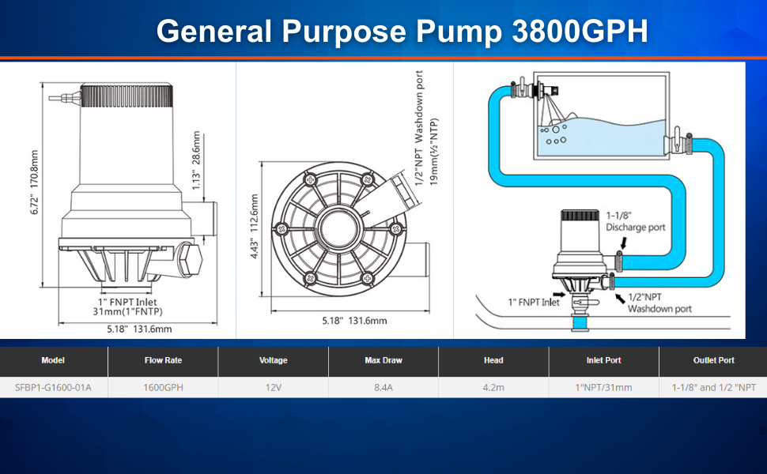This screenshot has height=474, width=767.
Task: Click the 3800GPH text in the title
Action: (x=580, y=31)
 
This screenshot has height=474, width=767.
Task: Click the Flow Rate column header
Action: (x=163, y=360)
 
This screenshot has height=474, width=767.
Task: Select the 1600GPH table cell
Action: (x=163, y=387)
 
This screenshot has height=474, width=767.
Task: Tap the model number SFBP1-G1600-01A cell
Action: (x=53, y=387)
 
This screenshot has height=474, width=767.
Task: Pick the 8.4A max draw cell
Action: (x=383, y=387)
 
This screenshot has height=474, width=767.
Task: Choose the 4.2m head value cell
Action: (x=493, y=387)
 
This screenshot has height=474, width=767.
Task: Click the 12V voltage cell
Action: (x=273, y=387)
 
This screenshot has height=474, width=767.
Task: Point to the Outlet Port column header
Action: (x=713, y=360)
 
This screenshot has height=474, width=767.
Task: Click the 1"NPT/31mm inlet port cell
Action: (x=603, y=387)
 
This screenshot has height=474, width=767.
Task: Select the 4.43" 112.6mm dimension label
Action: (x=254, y=222)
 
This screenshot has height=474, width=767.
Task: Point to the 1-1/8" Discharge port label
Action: (x=636, y=221)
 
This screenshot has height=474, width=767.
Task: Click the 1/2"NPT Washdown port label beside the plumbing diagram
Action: (x=659, y=303)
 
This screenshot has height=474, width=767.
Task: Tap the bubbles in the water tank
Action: (x=556, y=134)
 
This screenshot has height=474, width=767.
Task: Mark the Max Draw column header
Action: (x=383, y=360)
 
